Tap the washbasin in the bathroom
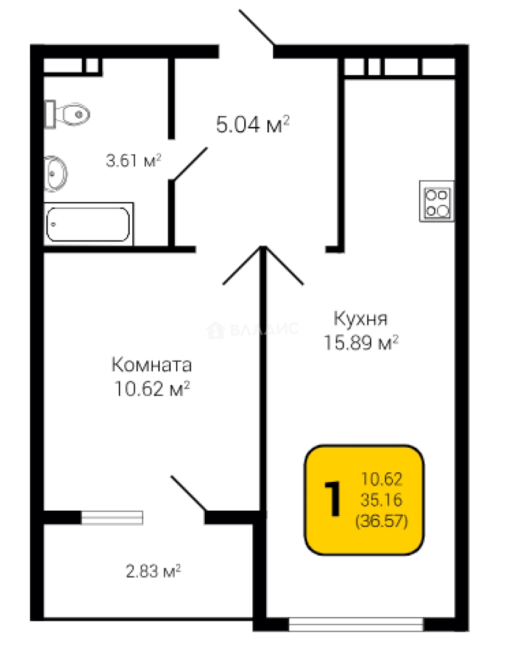(x=55, y=173)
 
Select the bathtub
(x=88, y=224)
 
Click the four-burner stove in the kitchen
(x=437, y=202)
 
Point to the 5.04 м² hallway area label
(x=253, y=124)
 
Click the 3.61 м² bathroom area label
(x=134, y=160)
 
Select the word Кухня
(x=361, y=319)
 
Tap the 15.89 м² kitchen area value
(x=361, y=342)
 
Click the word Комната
(x=152, y=365)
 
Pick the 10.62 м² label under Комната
(x=152, y=389)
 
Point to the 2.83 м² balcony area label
(x=154, y=571)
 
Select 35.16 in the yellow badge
(x=382, y=500)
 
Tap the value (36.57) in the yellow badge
(x=382, y=521)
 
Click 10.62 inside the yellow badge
(x=382, y=479)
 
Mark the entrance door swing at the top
(x=257, y=27)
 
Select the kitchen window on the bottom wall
(x=356, y=624)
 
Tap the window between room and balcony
(x=112, y=518)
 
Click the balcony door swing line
(x=188, y=493)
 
